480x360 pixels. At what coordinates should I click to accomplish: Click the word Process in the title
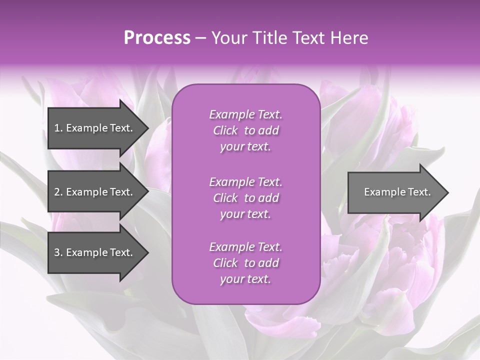click(157, 38)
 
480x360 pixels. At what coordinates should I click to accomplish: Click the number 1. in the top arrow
click(58, 128)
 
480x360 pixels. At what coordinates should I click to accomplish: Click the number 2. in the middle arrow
click(58, 192)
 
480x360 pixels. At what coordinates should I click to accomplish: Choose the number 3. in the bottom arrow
click(58, 252)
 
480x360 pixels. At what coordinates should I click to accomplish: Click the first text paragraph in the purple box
click(245, 130)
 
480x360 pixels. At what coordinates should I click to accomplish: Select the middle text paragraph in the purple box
click(245, 197)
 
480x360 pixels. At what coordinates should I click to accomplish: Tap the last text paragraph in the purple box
click(245, 263)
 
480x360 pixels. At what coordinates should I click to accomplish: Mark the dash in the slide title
click(200, 38)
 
